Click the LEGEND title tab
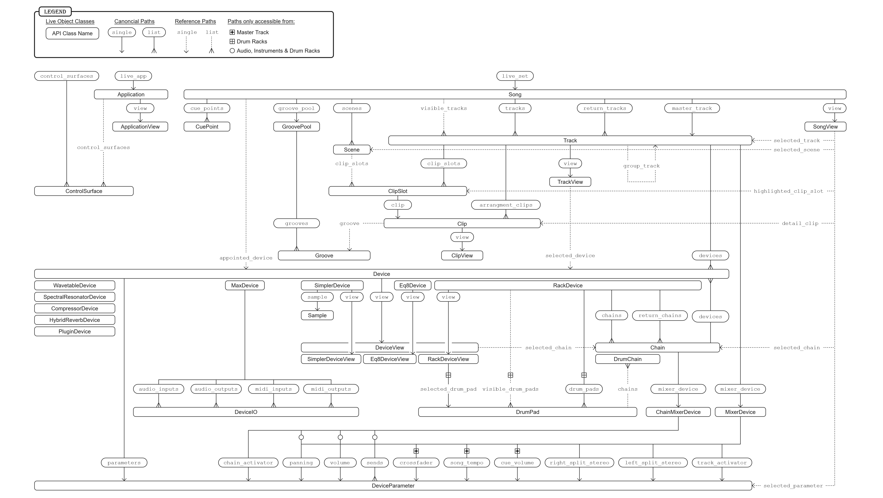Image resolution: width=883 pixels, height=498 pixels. click(55, 12)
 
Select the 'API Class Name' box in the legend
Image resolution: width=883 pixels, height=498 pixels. click(72, 33)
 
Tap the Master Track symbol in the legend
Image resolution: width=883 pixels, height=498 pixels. click(232, 32)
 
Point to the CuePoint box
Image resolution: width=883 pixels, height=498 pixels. click(207, 127)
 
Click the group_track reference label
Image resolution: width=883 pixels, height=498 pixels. click(641, 166)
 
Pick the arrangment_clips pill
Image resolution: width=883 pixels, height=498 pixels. click(506, 205)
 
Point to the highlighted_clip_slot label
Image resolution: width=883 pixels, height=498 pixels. click(788, 191)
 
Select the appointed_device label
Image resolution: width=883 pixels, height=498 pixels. click(246, 258)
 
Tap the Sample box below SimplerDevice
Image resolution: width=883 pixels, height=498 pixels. click(317, 315)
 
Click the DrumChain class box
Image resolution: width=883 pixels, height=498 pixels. click(627, 359)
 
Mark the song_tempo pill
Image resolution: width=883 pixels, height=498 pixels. click(466, 463)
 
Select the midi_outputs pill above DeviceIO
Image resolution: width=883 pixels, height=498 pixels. click(331, 389)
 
